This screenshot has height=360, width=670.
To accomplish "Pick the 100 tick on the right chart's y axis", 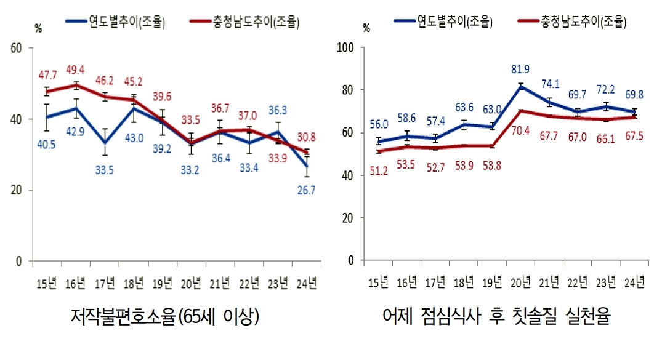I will (347, 47).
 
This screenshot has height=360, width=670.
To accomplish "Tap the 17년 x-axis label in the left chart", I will (105, 284).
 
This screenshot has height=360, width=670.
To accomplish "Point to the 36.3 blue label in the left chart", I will (278, 111).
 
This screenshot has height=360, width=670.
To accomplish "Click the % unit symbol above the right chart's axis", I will (367, 27).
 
